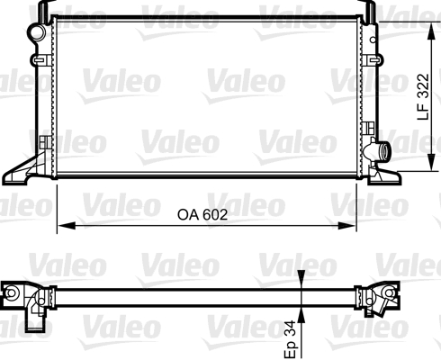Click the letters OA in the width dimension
(187, 215)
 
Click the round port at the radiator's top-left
(37, 32)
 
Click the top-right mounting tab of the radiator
(369, 9)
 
